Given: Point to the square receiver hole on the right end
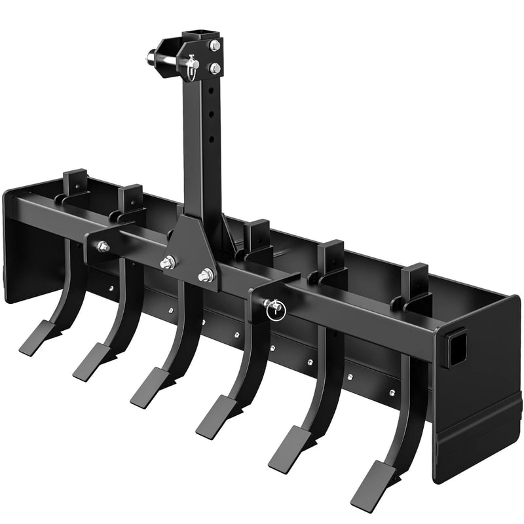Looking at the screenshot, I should (457, 341).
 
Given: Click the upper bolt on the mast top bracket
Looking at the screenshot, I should (215, 45).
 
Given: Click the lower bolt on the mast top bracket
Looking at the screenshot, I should (215, 67).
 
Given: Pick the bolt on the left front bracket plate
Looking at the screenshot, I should (102, 246).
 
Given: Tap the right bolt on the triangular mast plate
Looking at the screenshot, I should (206, 276).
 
